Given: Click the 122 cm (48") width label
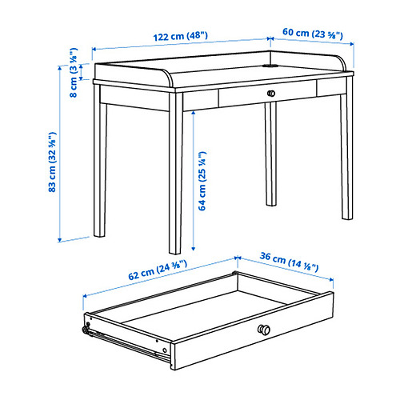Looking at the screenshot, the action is point(181,36).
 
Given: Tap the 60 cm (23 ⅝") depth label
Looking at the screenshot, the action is point(313,34).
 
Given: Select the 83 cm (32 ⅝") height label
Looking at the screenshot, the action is point(52,162).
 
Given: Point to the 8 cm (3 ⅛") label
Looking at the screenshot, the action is point(74,72).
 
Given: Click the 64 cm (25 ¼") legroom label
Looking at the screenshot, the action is point(202,181).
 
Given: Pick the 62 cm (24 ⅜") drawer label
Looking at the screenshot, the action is point(158,270).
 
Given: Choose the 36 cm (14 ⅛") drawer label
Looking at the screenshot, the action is point(290,262).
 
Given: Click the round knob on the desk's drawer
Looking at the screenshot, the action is point(271,94).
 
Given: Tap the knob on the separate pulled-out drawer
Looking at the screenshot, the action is point(264,330).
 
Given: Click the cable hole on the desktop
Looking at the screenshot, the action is point(270,66).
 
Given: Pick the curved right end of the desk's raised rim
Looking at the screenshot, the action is point(342,62).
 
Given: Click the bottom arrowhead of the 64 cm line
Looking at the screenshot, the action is point(194,249).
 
